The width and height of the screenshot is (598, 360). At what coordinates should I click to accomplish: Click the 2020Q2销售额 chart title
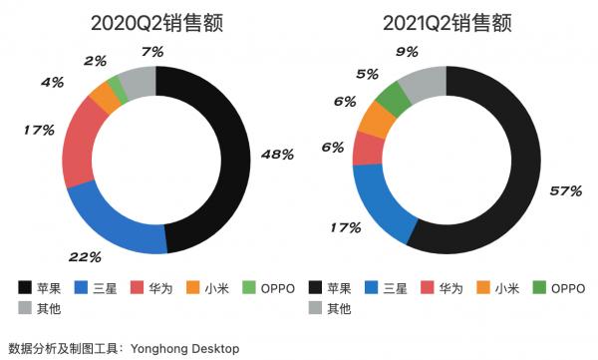tap(156, 23)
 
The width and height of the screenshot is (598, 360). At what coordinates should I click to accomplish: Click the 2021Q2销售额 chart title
tap(447, 23)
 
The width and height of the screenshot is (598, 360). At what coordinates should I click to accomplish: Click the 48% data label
tap(277, 155)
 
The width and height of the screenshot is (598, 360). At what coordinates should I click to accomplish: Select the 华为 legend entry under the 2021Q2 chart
tap(452, 288)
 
